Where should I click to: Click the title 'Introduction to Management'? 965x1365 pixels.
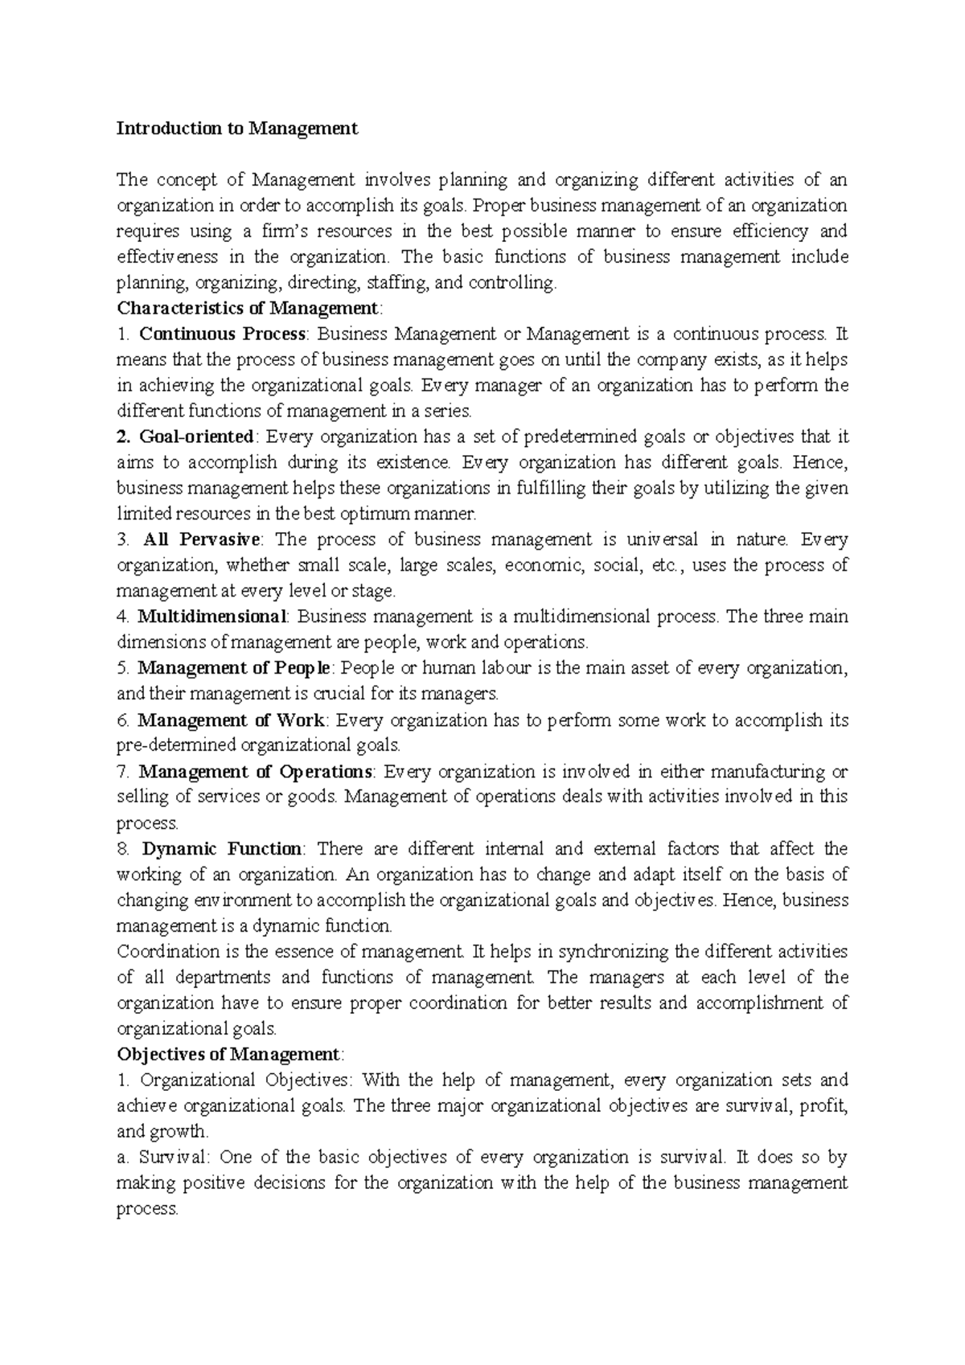pos(237,129)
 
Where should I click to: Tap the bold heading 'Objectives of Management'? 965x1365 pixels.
pos(228,1054)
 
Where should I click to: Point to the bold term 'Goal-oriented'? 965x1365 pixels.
pos(196,437)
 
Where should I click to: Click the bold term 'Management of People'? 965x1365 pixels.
pos(233,668)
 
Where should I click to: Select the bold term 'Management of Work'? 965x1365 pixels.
pos(232,720)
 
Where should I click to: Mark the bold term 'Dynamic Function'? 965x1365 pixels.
pos(222,849)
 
